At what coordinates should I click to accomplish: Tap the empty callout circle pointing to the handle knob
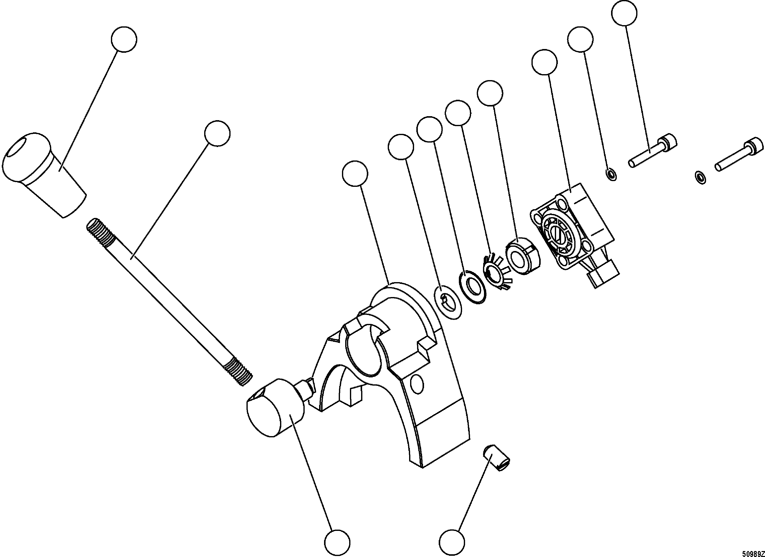(124, 40)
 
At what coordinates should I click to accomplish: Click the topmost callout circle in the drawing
(624, 13)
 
